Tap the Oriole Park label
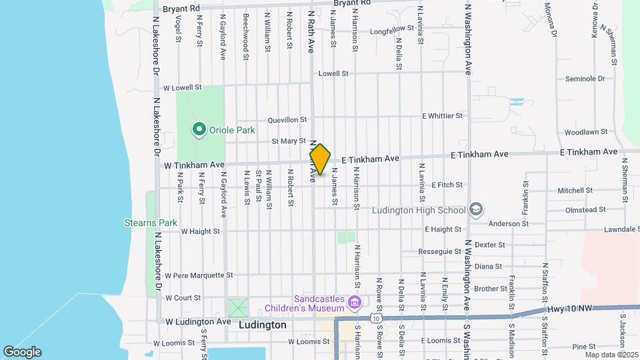pyautogui.click(x=232, y=131)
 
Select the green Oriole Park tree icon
pyautogui.click(x=198, y=129)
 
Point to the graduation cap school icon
pyautogui.click(x=475, y=210)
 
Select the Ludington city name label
pyautogui.click(x=263, y=325)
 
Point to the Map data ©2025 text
pyautogui.click(x=611, y=354)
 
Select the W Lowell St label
pyautogui.click(x=182, y=87)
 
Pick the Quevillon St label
pyautogui.click(x=287, y=121)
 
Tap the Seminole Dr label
pyautogui.click(x=584, y=79)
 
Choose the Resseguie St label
pyautogui.click(x=440, y=252)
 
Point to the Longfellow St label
pyautogui.click(x=393, y=31)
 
